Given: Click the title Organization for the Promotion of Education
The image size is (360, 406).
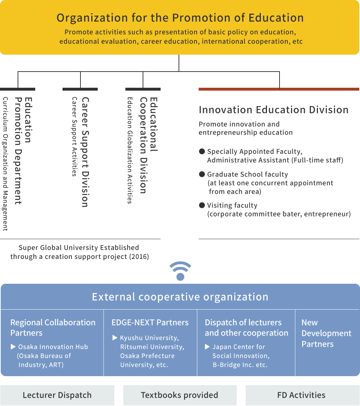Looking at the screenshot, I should [180, 18].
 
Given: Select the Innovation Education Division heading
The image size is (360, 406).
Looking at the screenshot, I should [273, 110].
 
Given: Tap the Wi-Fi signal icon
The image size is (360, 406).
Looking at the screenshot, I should [180, 271].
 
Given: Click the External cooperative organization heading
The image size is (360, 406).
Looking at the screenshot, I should [180, 297].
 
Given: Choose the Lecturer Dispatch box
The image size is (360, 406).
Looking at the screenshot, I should [57, 395].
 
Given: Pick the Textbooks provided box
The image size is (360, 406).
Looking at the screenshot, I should [180, 395].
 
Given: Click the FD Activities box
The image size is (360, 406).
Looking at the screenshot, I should [301, 395].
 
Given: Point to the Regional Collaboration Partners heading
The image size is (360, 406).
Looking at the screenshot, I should [53, 328].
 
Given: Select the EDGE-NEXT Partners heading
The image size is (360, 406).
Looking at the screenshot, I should [150, 323].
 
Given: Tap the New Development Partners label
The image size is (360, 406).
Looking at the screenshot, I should [326, 333].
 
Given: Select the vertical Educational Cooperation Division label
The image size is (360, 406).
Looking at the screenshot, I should [148, 145].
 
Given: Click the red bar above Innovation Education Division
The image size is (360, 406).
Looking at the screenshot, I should [279, 89].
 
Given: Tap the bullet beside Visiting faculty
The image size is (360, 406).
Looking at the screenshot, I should [202, 206].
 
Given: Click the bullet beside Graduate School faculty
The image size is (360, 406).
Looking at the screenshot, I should [202, 174].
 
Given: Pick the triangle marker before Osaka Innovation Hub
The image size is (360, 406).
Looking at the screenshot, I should [13, 347].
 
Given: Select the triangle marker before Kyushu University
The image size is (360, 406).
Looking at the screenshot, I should [115, 338].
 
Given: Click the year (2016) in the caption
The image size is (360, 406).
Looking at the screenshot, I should [139, 257].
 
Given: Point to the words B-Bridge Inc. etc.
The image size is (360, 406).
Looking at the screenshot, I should [240, 365].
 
